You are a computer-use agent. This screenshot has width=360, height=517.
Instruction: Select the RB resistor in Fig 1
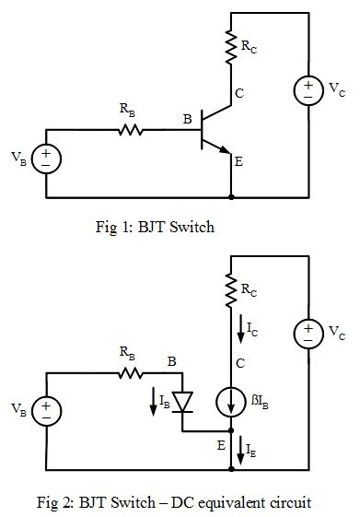pyautogui.click(x=131, y=131)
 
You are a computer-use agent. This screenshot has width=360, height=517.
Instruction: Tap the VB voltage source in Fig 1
pyautogui.click(x=46, y=159)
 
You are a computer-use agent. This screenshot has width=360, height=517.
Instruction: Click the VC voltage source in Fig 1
pyautogui.click(x=307, y=90)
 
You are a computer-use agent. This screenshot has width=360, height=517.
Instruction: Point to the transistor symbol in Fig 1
pyautogui.click(x=213, y=132)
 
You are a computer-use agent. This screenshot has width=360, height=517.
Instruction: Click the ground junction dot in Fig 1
pyautogui.click(x=230, y=197)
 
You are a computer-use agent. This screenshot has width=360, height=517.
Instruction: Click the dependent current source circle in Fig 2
pyautogui.click(x=230, y=403)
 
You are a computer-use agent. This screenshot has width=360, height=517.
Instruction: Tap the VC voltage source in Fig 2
pyautogui.click(x=307, y=332)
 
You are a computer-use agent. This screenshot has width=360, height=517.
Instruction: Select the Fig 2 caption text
pyautogui.click(x=174, y=502)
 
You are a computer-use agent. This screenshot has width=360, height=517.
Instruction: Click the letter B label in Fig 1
pyautogui.click(x=187, y=119)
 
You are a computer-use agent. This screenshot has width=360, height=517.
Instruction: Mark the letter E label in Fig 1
pyautogui.click(x=238, y=162)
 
